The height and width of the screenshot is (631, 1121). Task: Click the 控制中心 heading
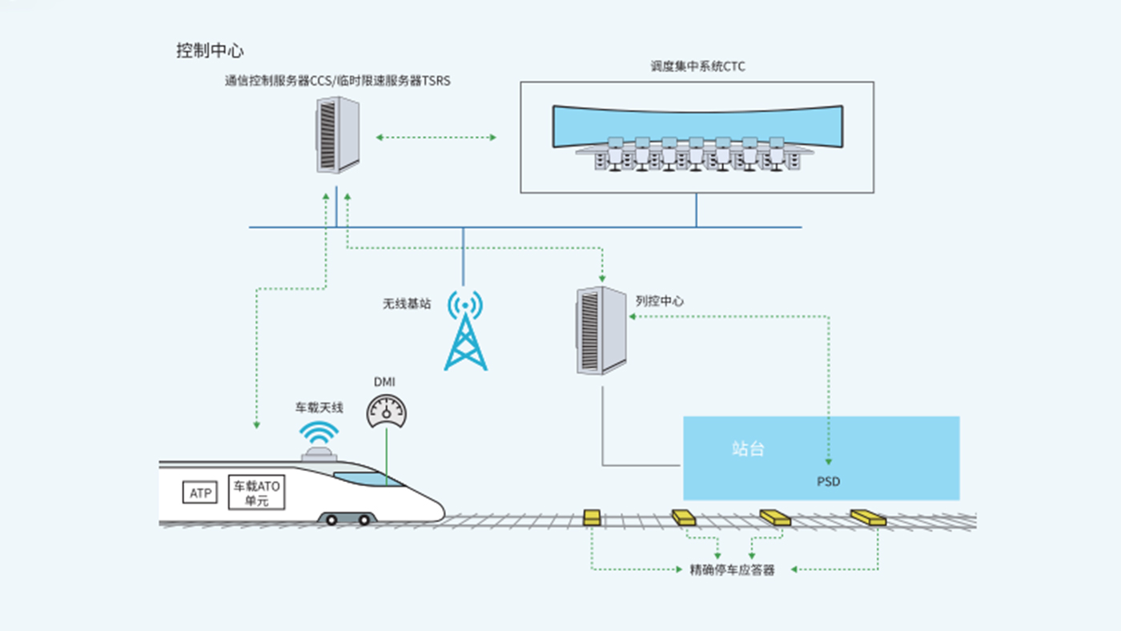click(x=210, y=50)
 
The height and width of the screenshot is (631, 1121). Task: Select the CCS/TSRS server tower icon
click(x=337, y=135)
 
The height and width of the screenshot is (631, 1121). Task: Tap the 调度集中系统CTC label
click(x=697, y=66)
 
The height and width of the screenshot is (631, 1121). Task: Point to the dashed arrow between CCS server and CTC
click(x=436, y=138)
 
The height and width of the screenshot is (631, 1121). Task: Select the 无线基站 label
click(x=407, y=304)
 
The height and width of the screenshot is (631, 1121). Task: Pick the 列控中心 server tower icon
click(x=601, y=330)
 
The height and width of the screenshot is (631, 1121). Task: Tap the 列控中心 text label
click(x=660, y=301)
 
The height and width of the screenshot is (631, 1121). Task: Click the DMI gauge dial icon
click(x=387, y=409)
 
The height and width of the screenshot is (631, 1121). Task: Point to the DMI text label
click(x=385, y=382)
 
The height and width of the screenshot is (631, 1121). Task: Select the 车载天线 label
click(x=319, y=408)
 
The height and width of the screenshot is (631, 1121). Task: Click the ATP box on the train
click(x=200, y=493)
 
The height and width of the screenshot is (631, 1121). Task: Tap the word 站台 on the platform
click(x=748, y=448)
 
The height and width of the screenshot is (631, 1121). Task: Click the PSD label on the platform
click(x=828, y=481)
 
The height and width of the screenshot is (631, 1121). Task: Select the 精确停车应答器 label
click(x=733, y=570)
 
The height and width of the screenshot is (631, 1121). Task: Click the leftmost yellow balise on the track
click(x=593, y=517)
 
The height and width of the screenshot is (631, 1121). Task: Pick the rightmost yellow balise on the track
click(x=868, y=518)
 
